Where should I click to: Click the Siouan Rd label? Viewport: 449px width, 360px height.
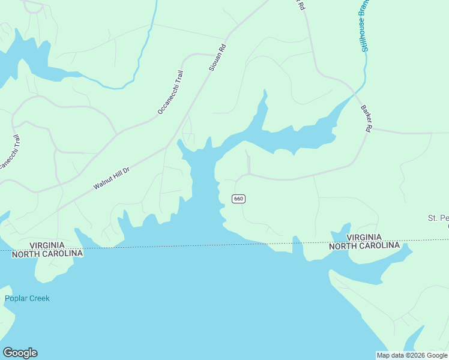point(218,58)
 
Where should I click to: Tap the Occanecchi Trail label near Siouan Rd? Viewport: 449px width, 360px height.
point(170,92)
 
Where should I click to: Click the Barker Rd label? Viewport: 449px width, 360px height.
point(367,119)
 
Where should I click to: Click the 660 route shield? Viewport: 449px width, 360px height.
point(238,199)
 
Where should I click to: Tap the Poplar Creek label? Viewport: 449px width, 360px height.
point(27,298)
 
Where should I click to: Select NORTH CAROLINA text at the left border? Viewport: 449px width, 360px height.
point(47,254)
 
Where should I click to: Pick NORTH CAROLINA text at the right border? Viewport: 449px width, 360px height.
point(364,246)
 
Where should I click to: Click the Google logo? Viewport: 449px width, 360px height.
point(20,353)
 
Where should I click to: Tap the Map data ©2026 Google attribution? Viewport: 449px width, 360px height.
point(412,355)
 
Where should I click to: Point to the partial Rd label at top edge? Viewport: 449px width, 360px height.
point(301,5)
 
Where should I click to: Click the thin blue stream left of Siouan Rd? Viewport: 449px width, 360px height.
point(144,48)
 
